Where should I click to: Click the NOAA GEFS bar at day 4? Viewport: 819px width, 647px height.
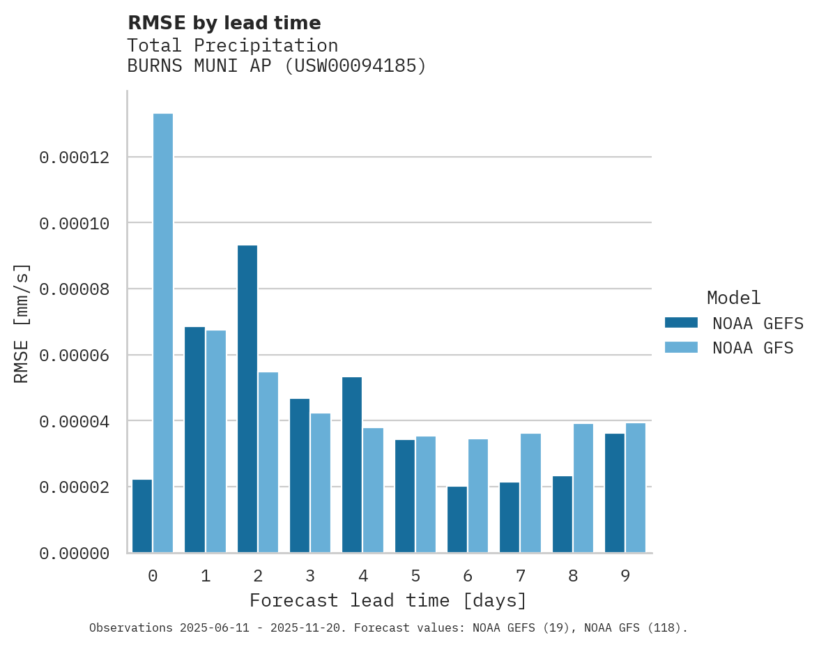click(x=352, y=465)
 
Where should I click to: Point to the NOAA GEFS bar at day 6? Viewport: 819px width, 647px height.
click(x=457, y=519)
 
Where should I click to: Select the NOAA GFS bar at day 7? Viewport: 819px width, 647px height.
click(x=531, y=493)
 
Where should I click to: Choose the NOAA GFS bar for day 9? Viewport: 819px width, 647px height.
click(x=636, y=488)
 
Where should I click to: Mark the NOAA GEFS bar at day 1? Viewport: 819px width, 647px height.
click(x=195, y=440)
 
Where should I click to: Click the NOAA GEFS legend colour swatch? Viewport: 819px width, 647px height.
click(x=681, y=322)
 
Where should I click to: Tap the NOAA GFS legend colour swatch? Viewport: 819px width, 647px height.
click(x=681, y=347)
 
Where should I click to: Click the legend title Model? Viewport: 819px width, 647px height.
click(x=733, y=298)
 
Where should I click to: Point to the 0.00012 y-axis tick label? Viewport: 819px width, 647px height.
click(x=75, y=158)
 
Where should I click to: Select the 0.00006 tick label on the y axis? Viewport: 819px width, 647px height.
click(x=75, y=356)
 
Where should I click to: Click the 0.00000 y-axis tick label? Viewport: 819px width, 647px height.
click(x=75, y=554)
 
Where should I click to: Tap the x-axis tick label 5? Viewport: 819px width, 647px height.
click(x=415, y=577)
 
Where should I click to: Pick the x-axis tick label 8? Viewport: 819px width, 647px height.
click(x=573, y=577)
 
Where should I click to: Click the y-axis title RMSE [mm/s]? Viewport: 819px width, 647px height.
click(x=22, y=323)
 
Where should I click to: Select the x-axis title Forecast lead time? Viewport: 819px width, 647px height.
click(x=388, y=600)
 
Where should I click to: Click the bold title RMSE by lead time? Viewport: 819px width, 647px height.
click(x=224, y=23)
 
